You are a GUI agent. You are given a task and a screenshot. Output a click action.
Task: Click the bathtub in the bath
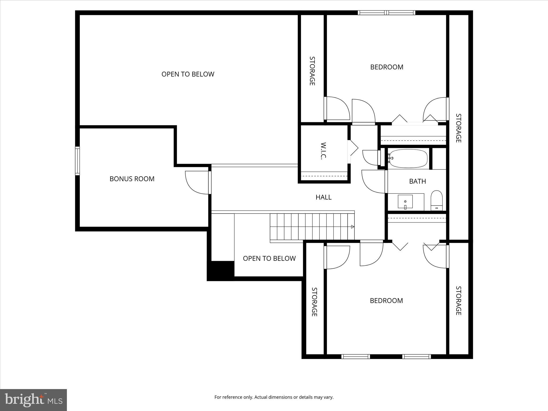click(x=408, y=159)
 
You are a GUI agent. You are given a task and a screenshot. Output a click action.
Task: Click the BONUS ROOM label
click(x=132, y=179)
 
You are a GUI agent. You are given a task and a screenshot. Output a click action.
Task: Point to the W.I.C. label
click(x=323, y=151)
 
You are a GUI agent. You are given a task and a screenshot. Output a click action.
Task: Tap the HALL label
click(x=324, y=197)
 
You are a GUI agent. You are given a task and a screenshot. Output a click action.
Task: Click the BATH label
click(x=417, y=181)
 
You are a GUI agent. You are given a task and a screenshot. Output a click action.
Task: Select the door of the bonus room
click(x=197, y=182)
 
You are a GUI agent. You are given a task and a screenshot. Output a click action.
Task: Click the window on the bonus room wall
click(x=77, y=161)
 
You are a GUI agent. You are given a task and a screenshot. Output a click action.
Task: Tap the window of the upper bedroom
click(x=387, y=13)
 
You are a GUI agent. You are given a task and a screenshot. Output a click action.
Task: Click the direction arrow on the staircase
click(x=352, y=227)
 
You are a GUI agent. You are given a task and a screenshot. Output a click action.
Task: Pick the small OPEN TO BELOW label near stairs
click(x=269, y=258)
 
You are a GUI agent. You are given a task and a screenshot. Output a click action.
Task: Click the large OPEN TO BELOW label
click(x=188, y=74)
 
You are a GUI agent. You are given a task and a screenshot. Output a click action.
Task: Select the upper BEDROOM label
click(x=387, y=67)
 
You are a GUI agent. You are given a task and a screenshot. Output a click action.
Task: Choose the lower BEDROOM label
click(x=386, y=300)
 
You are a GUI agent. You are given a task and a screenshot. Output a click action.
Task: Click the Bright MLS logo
click(x=33, y=400)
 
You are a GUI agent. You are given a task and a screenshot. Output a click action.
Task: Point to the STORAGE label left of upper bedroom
click(x=312, y=71)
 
